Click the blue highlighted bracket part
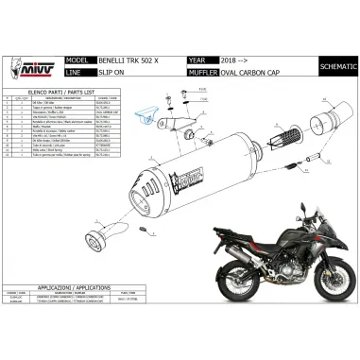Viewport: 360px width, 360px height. (x=146, y=116)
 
